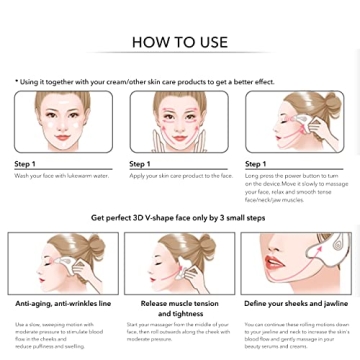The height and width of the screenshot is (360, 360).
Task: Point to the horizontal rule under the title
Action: tap(180, 59)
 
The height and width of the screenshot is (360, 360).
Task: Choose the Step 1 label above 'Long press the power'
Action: tap(257, 163)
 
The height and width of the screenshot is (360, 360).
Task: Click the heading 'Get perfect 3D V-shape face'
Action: tap(180, 217)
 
